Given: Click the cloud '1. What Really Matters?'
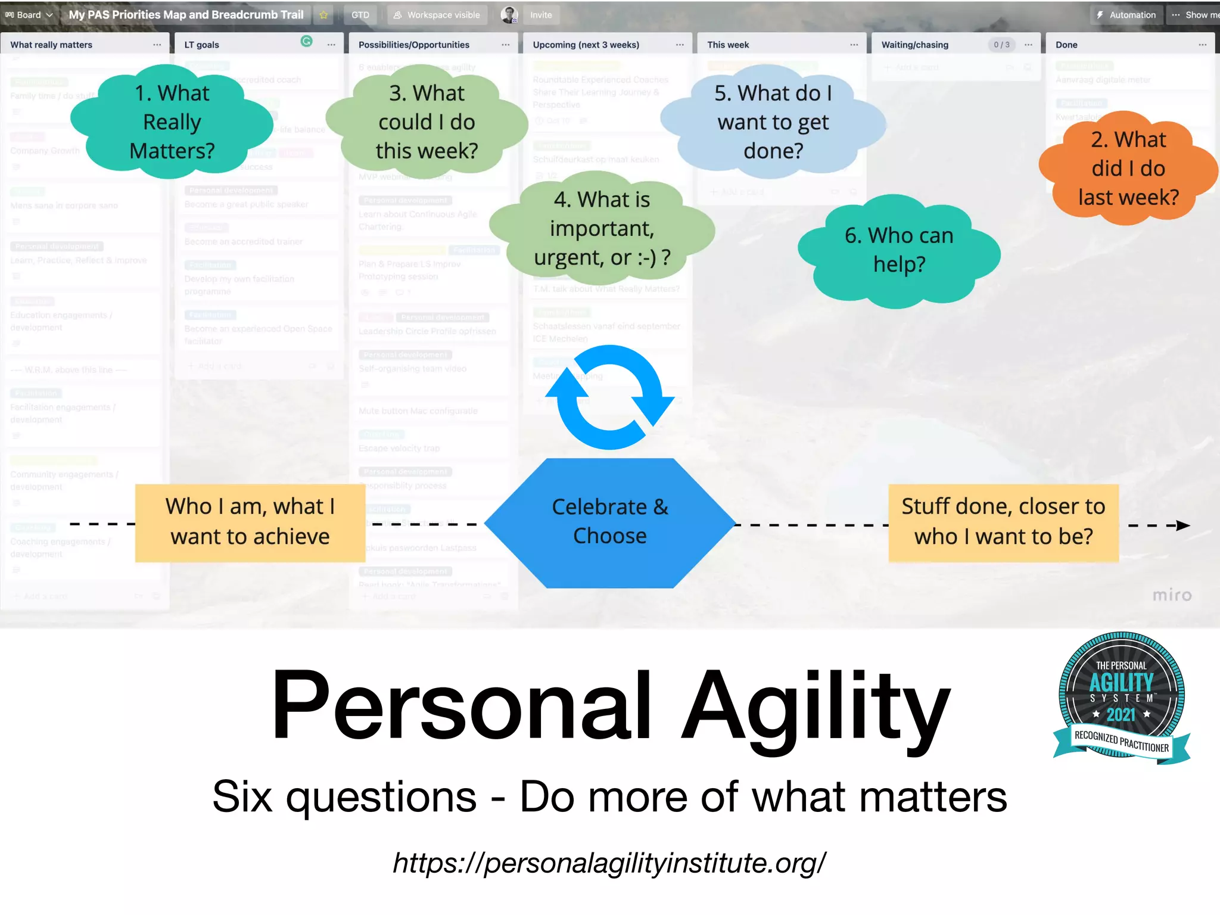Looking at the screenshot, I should (x=172, y=122).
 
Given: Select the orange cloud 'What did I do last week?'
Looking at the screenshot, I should (x=1128, y=169).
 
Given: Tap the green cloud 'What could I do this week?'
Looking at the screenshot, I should (x=427, y=122).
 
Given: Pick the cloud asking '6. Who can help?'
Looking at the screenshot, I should (x=898, y=250).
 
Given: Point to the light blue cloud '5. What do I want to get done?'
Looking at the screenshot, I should (x=773, y=122).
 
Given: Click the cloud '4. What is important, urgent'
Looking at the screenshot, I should (x=602, y=228).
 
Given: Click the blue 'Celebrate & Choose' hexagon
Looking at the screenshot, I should (x=609, y=522).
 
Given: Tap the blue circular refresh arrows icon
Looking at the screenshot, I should (x=609, y=397).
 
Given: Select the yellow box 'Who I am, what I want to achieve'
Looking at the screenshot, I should (x=250, y=522).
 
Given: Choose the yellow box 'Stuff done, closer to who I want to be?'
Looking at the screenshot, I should (x=1003, y=522).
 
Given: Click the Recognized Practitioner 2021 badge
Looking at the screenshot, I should (x=1121, y=698).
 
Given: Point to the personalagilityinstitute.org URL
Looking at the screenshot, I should (x=609, y=862).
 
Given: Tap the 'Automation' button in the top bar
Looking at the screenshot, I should (x=1126, y=15).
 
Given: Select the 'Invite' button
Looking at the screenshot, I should (x=541, y=15).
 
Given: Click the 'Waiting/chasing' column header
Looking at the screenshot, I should (x=915, y=45).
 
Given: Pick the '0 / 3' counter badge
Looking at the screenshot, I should (x=1001, y=45).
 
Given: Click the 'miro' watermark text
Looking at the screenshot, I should (x=1171, y=595).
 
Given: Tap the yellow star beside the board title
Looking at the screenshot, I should (x=323, y=15).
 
